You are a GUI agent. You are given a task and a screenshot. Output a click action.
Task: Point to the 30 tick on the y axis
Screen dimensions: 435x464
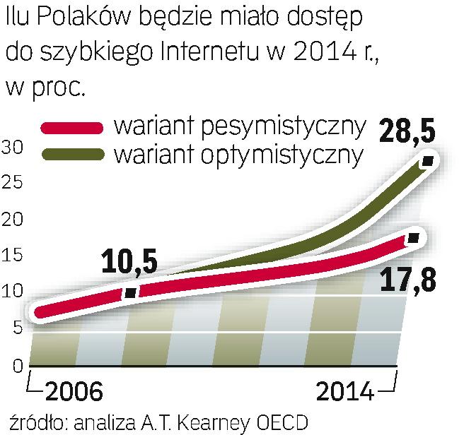pos(13,147)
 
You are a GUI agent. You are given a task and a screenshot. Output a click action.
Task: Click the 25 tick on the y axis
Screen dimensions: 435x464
pos(13,183)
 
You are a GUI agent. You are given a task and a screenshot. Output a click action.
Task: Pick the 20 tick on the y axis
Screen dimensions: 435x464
pos(13,220)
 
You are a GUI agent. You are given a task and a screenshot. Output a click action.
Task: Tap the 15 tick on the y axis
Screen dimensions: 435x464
pos(13,256)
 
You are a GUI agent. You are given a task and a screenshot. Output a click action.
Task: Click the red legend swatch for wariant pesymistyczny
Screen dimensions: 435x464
pos(71,128)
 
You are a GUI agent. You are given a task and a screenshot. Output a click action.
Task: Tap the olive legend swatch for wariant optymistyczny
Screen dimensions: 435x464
pos(71,153)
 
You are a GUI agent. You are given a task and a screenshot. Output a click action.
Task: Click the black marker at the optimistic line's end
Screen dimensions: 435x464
pos(427,162)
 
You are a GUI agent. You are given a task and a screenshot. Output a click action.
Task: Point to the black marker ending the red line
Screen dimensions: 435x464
pos(414,238)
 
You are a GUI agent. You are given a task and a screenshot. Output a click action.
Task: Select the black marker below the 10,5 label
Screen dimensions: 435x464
pos(130,292)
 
